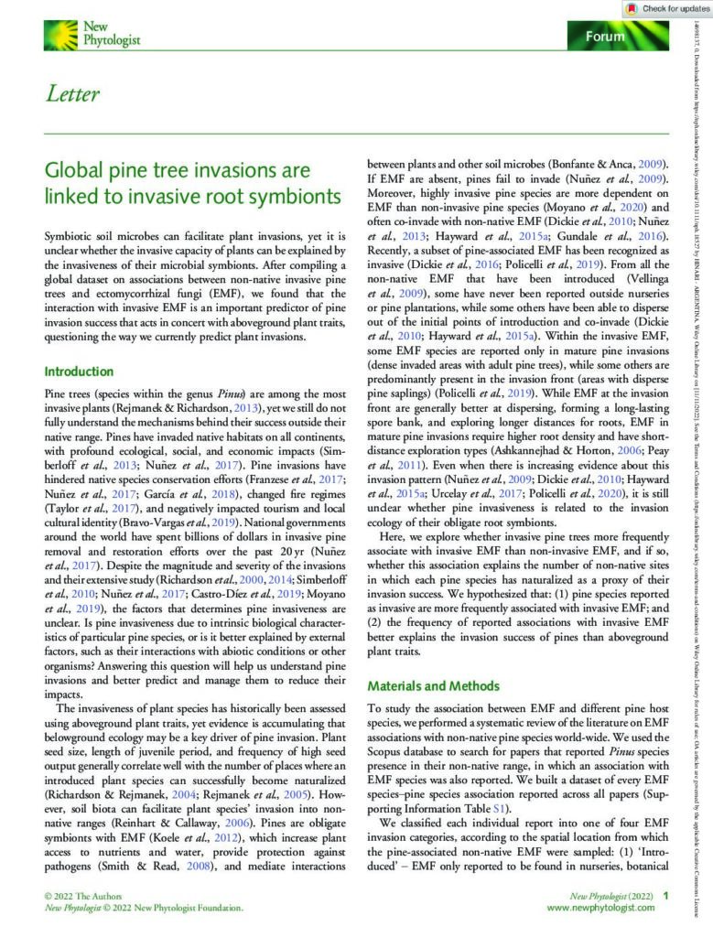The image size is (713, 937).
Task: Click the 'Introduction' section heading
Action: (79, 372)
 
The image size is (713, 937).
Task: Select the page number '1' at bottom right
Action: (666, 897)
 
